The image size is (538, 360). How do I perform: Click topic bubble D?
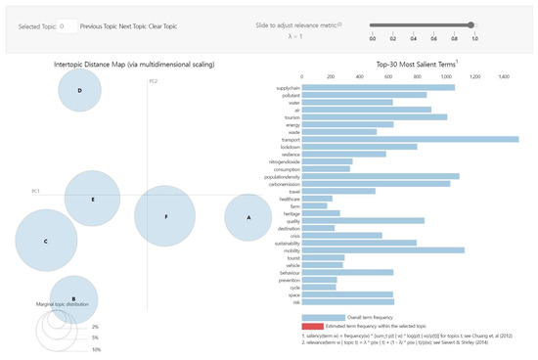coord(79,92)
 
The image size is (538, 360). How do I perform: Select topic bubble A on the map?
coord(248,217)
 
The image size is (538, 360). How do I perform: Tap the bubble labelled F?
coord(166,215)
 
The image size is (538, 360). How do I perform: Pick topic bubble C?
coord(45,240)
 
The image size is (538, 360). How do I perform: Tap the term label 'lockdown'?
coord(289,147)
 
